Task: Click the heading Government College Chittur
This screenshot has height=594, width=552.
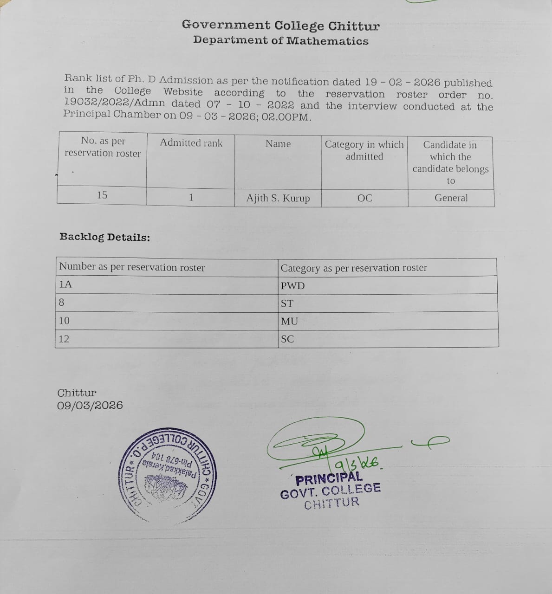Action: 280,26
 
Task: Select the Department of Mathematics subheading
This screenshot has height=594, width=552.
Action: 280,40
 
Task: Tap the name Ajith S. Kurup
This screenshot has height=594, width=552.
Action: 278,198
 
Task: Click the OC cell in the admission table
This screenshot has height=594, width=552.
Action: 364,198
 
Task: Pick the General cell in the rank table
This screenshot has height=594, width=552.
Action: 451,198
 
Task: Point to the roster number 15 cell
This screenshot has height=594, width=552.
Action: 102,195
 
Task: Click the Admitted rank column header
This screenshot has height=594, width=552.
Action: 191,143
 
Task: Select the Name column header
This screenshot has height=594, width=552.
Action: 278,144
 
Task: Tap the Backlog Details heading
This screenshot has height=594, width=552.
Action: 104,237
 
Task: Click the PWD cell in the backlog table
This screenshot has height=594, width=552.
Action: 292,286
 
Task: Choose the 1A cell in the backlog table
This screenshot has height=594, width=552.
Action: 65,284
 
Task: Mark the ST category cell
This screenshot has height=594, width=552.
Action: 287,303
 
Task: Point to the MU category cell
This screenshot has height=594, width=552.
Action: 289,321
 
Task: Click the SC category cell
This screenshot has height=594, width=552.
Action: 287,339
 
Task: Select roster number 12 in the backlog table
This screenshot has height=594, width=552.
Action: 64,339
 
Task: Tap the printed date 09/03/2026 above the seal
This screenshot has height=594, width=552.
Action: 90,406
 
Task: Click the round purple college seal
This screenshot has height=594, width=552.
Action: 168,476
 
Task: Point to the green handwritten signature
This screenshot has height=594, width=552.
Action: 316,443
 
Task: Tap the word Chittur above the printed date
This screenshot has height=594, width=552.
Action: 77,393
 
